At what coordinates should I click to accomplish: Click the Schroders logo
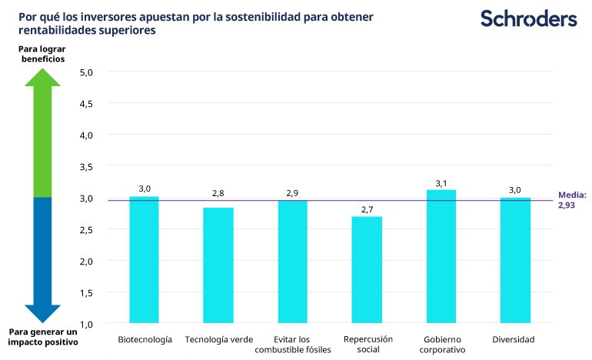528,18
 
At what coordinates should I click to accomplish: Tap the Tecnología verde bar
218,265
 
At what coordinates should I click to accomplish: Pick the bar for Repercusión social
367,270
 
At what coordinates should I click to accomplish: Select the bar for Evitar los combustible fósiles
292,262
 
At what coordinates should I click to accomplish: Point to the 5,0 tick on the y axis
86,72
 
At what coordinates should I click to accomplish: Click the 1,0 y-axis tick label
86,324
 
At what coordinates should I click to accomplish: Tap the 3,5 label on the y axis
86,167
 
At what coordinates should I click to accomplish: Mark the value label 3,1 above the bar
441,182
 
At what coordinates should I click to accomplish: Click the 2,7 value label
367,209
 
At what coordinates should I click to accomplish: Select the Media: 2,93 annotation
573,201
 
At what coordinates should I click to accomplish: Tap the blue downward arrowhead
43,313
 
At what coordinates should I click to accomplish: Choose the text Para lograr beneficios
42,54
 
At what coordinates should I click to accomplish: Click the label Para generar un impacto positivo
43,337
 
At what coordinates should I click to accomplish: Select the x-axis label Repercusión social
368,344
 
